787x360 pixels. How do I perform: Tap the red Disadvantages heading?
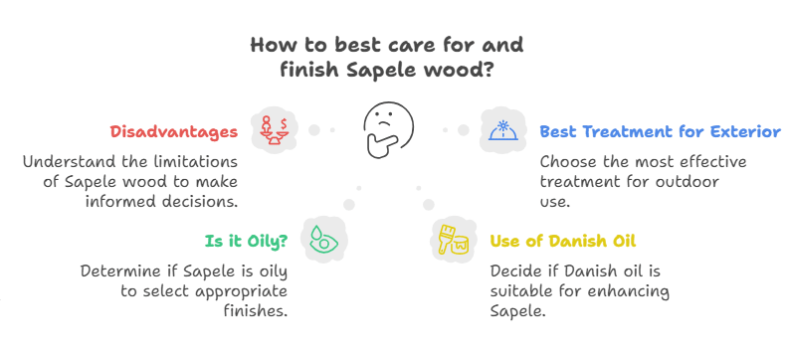[173, 131]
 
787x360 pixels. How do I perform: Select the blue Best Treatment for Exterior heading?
[660, 131]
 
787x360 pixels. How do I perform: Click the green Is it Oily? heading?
[248, 240]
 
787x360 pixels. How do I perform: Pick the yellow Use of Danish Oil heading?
[562, 240]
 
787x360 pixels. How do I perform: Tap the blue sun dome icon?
[499, 130]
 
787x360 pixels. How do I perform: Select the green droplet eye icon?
[320, 240]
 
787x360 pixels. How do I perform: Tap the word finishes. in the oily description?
[255, 310]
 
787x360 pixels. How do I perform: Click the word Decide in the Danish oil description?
[516, 271]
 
